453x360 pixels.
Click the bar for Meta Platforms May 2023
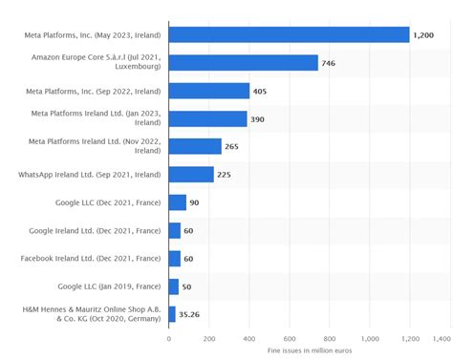(289, 35)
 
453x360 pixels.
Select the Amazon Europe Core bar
(243, 63)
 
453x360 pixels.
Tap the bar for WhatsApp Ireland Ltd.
(191, 175)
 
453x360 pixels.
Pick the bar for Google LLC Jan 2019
(173, 286)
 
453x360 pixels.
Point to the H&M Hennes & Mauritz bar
(172, 313)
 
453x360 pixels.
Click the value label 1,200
(423, 35)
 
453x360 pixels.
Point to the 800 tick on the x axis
(330, 337)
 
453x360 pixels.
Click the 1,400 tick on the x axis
(441, 337)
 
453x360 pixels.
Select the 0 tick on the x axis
(169, 337)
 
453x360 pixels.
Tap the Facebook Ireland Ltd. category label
(91, 258)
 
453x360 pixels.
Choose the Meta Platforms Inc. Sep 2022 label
(93, 92)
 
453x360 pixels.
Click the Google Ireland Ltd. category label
(95, 230)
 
